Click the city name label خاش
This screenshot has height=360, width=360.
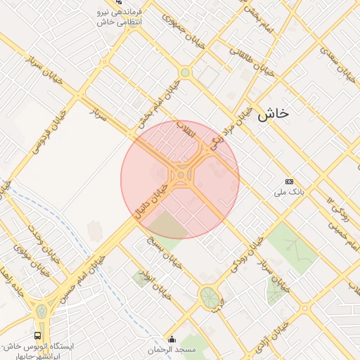point(274,114)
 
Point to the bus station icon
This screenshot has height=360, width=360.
point(37,336)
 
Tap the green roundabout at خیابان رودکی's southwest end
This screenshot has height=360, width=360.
point(208,296)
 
